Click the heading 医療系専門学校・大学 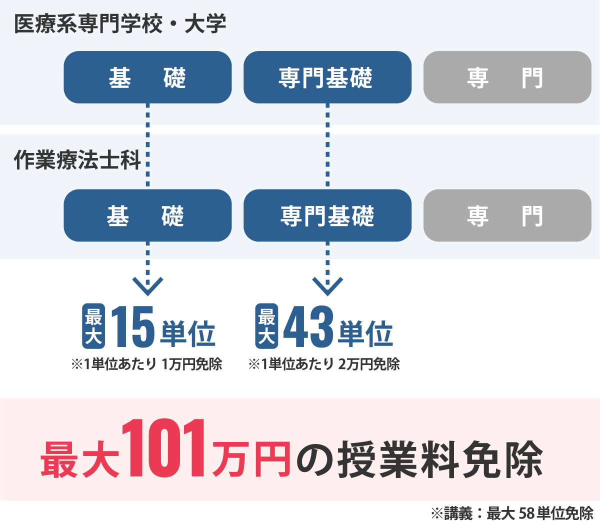(x=120, y=23)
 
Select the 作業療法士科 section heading (x=77, y=160)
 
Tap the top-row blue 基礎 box (x=147, y=77)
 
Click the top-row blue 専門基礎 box (x=327, y=77)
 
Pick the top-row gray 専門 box (x=507, y=77)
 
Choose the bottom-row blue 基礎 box (x=147, y=215)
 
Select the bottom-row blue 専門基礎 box (x=327, y=215)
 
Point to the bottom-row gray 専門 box (x=507, y=215)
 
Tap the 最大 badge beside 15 (x=93, y=326)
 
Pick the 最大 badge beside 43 (x=266, y=326)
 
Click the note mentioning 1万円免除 (x=146, y=364)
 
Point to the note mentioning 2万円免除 (x=324, y=364)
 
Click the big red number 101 (x=163, y=448)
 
